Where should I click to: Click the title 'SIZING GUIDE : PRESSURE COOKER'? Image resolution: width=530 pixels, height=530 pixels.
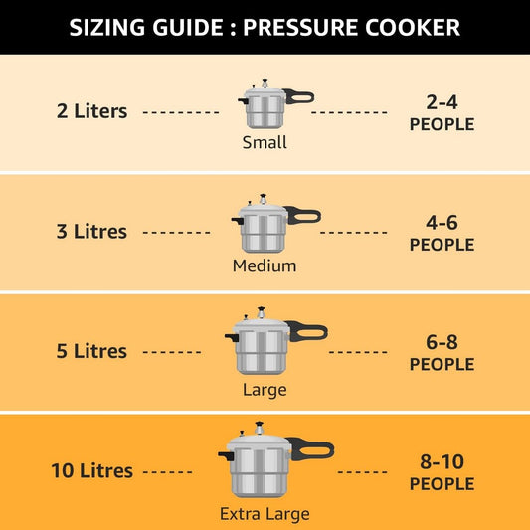pyautogui.click(x=265, y=27)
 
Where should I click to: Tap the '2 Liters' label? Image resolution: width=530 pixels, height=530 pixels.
pyautogui.click(x=91, y=111)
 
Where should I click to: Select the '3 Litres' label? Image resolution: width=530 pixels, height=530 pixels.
pyautogui.click(x=91, y=232)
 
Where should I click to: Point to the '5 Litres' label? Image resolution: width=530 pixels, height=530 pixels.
pyautogui.click(x=91, y=351)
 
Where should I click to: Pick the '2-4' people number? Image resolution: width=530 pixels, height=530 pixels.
pyautogui.click(x=442, y=101)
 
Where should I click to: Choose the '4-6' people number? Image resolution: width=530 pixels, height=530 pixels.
pyautogui.click(x=442, y=222)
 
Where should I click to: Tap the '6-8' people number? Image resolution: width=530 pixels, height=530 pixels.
pyautogui.click(x=442, y=341)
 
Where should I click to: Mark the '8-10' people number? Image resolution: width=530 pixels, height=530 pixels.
pyautogui.click(x=442, y=461)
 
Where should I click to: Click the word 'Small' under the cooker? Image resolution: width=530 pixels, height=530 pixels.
pyautogui.click(x=265, y=143)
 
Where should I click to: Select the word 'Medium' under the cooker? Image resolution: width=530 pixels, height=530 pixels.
pyautogui.click(x=265, y=266)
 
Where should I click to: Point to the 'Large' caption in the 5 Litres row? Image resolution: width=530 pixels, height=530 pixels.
pyautogui.click(x=265, y=390)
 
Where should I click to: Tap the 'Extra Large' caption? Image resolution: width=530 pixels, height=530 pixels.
pyautogui.click(x=265, y=514)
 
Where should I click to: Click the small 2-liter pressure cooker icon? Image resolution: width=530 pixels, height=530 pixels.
pyautogui.click(x=263, y=105)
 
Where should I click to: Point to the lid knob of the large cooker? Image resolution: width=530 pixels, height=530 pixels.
pyautogui.click(x=263, y=311)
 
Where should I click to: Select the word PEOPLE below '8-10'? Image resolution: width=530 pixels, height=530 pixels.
pyautogui.click(x=442, y=484)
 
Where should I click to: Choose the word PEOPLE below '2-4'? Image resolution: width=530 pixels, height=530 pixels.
pyautogui.click(x=442, y=125)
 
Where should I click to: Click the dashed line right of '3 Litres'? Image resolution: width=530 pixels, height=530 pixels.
pyautogui.click(x=177, y=233)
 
